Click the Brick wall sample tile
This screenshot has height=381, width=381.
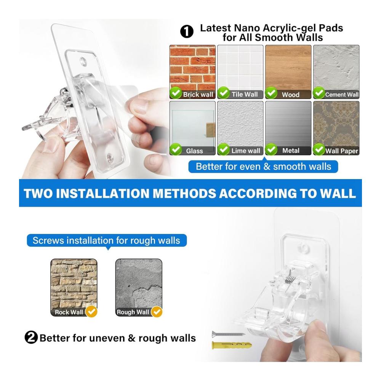[192, 72]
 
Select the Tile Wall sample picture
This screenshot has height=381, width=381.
[240, 72]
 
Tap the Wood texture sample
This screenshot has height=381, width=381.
[288, 72]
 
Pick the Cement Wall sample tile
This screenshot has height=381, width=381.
[336, 72]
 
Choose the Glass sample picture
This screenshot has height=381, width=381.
[192, 128]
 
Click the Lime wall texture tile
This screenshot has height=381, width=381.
[240, 128]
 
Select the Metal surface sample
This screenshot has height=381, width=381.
[288, 128]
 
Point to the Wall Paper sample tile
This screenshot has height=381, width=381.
[336, 128]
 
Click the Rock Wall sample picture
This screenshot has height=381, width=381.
[74, 287]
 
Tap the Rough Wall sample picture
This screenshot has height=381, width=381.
[139, 287]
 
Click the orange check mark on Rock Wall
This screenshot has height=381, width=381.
[91, 312]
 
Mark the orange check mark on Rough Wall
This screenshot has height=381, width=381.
[157, 312]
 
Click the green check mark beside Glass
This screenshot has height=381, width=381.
[176, 149]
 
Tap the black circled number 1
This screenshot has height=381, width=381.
[187, 32]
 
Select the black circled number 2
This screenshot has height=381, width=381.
[31, 337]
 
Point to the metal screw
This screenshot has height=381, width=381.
[228, 334]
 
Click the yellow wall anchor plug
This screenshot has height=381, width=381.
[232, 345]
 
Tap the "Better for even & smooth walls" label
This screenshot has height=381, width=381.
[263, 167]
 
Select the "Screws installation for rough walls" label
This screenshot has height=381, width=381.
[106, 240]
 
